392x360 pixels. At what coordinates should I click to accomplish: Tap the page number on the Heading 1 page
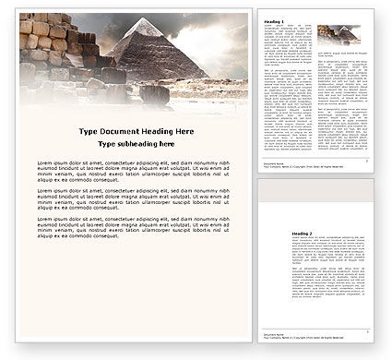pos(376,163)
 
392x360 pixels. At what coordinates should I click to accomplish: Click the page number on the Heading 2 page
pos(376,341)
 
